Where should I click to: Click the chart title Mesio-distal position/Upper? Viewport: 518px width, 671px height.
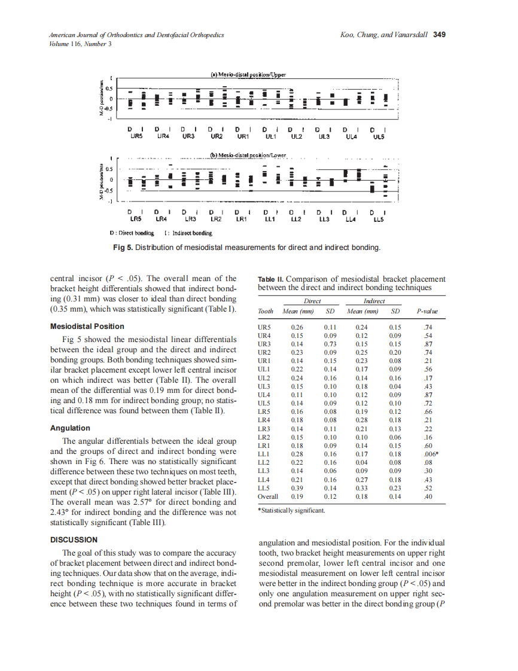pos(249,75)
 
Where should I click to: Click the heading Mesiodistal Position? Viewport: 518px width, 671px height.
pos(87,326)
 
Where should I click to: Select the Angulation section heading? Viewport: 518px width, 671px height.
pos(70,428)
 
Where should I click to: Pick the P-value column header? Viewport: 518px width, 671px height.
pos(427,311)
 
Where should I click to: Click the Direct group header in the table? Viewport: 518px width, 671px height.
pos(312,301)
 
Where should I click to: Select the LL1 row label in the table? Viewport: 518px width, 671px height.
pos(264,455)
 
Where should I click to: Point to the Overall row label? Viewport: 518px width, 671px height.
pos(267,496)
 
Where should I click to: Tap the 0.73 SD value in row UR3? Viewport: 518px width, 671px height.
pos(330,344)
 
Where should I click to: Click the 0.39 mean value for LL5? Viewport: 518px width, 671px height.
pos(297,488)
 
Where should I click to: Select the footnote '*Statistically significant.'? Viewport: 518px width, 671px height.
pos(291,510)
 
